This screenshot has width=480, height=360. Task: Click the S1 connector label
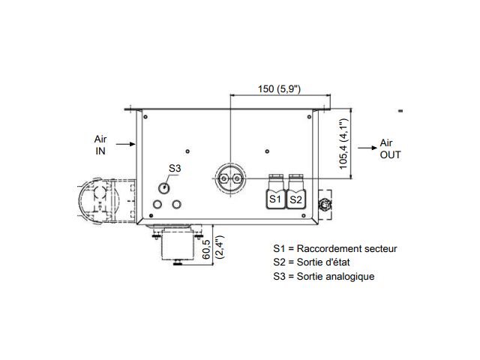[x=275, y=199]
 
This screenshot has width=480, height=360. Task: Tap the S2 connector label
[x=295, y=199]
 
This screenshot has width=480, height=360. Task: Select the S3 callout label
[x=175, y=168]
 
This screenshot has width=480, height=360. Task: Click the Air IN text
[x=100, y=145]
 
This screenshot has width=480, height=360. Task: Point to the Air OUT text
[x=390, y=148]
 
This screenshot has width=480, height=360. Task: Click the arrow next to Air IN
[x=125, y=144]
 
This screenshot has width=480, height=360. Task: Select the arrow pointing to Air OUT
[x=367, y=148]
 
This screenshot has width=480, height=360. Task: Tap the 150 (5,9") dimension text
[x=279, y=88]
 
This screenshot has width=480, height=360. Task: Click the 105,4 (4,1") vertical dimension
[x=343, y=143]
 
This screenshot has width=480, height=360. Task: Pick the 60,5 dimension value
[x=207, y=249]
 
